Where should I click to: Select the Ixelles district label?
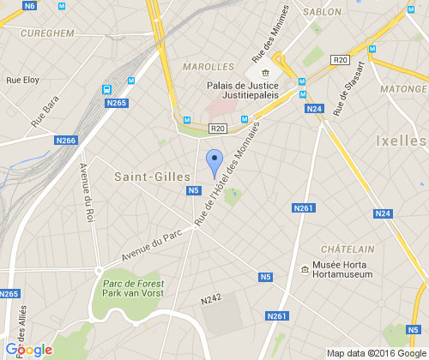click(401, 140)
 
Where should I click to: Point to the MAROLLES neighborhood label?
click(208, 66)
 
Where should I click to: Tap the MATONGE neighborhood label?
click(403, 88)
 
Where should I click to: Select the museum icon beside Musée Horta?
click(305, 271)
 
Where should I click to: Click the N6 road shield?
click(30, 6)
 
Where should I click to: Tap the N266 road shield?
click(65, 141)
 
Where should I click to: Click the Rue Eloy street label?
click(23, 80)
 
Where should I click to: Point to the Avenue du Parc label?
click(141, 249)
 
